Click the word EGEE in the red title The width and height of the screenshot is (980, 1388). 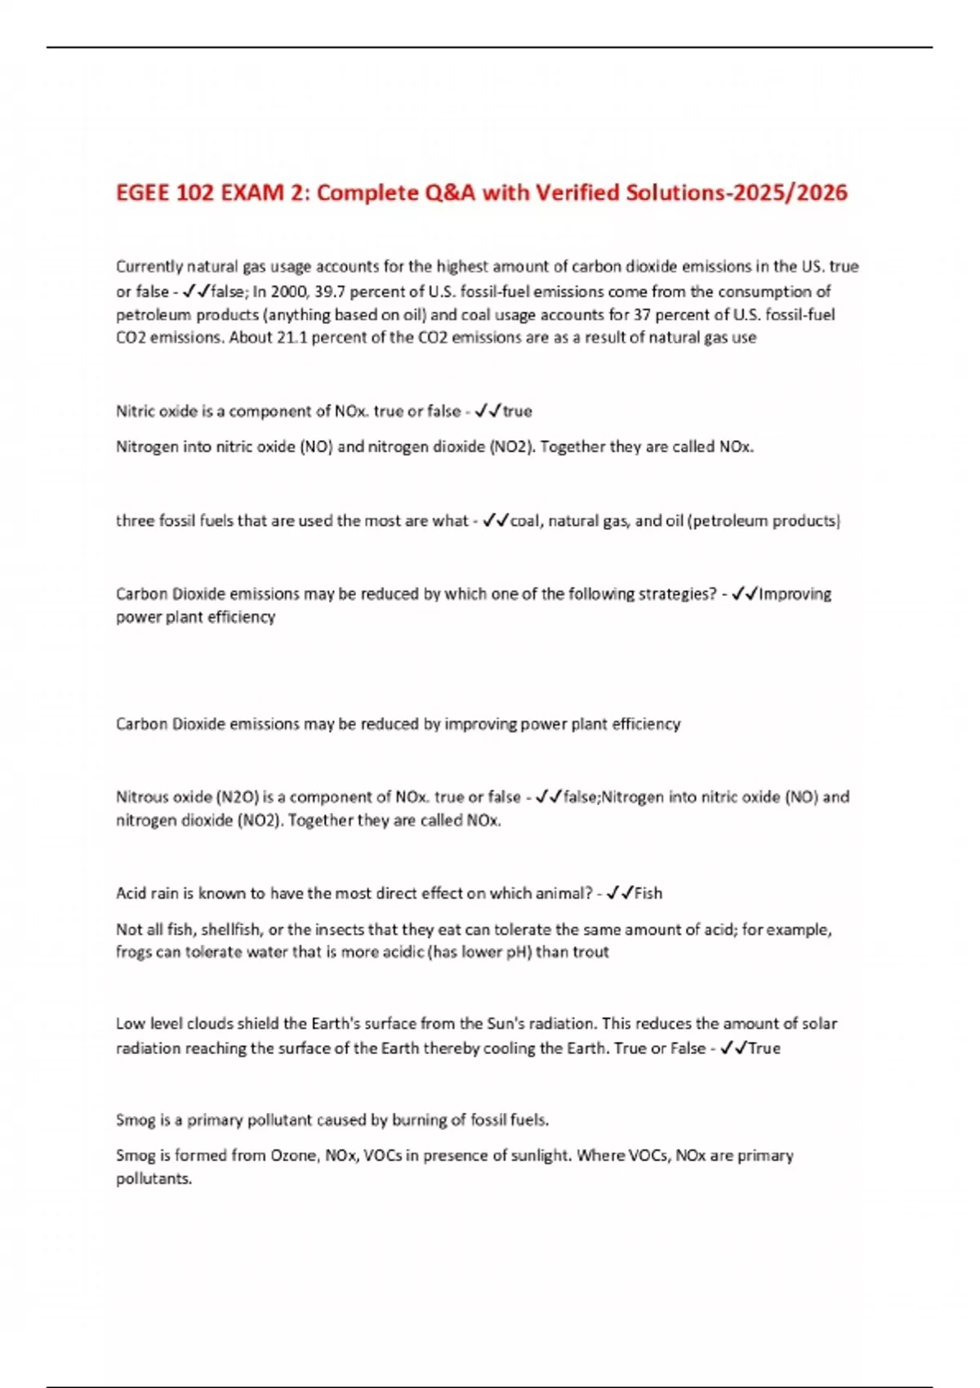click(x=144, y=193)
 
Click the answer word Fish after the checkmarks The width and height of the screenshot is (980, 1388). click(x=648, y=893)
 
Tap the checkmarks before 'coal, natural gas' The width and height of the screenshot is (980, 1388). click(x=496, y=521)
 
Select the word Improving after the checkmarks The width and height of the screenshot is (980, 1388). click(x=795, y=594)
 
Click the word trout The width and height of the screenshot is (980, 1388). click(x=591, y=952)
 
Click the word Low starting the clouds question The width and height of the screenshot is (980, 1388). click(x=130, y=1024)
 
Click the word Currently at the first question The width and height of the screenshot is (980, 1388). click(x=149, y=266)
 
